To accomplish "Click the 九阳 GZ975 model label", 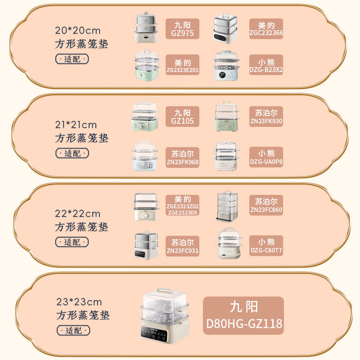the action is pyautogui.click(x=182, y=29).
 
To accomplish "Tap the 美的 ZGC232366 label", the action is pyautogui.click(x=266, y=29).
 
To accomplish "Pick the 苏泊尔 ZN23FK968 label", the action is pyautogui.click(x=182, y=157).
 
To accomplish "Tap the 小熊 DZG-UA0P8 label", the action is pyautogui.click(x=266, y=157).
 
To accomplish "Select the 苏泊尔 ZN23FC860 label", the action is pyautogui.click(x=266, y=205).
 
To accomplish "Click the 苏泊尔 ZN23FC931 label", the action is pyautogui.click(x=182, y=246).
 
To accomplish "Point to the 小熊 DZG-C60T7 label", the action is pyautogui.click(x=266, y=246).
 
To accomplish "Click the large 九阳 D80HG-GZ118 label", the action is pyautogui.click(x=243, y=315).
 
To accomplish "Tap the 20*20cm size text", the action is pyautogui.click(x=78, y=31).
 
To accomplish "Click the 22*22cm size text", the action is pyautogui.click(x=78, y=213).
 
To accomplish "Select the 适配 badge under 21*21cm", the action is pyautogui.click(x=72, y=153).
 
